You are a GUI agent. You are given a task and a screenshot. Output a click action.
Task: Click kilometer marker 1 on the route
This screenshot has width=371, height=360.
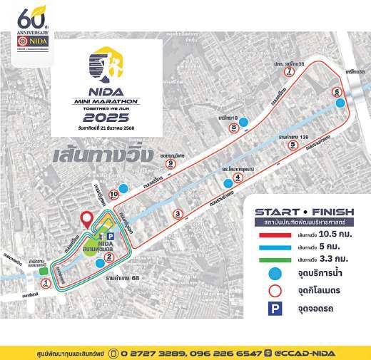click(x=46, y=283)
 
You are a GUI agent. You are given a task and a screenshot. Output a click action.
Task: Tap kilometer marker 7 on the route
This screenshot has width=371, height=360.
click(x=289, y=72)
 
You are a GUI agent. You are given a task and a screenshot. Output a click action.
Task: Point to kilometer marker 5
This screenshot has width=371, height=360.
click(x=293, y=145)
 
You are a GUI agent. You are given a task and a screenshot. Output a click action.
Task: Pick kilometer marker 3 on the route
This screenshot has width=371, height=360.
click(x=178, y=213)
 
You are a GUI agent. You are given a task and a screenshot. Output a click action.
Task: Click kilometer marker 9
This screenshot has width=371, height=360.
click(x=171, y=163)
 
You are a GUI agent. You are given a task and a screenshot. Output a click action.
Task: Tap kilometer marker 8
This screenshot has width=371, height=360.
click(x=234, y=128)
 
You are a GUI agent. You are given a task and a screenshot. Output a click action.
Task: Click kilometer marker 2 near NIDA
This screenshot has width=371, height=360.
click(x=108, y=257)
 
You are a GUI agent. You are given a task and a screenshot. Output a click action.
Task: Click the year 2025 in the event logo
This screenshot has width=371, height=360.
click(x=111, y=118)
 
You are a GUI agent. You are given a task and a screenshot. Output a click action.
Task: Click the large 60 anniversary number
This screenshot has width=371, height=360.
click(x=29, y=16)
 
